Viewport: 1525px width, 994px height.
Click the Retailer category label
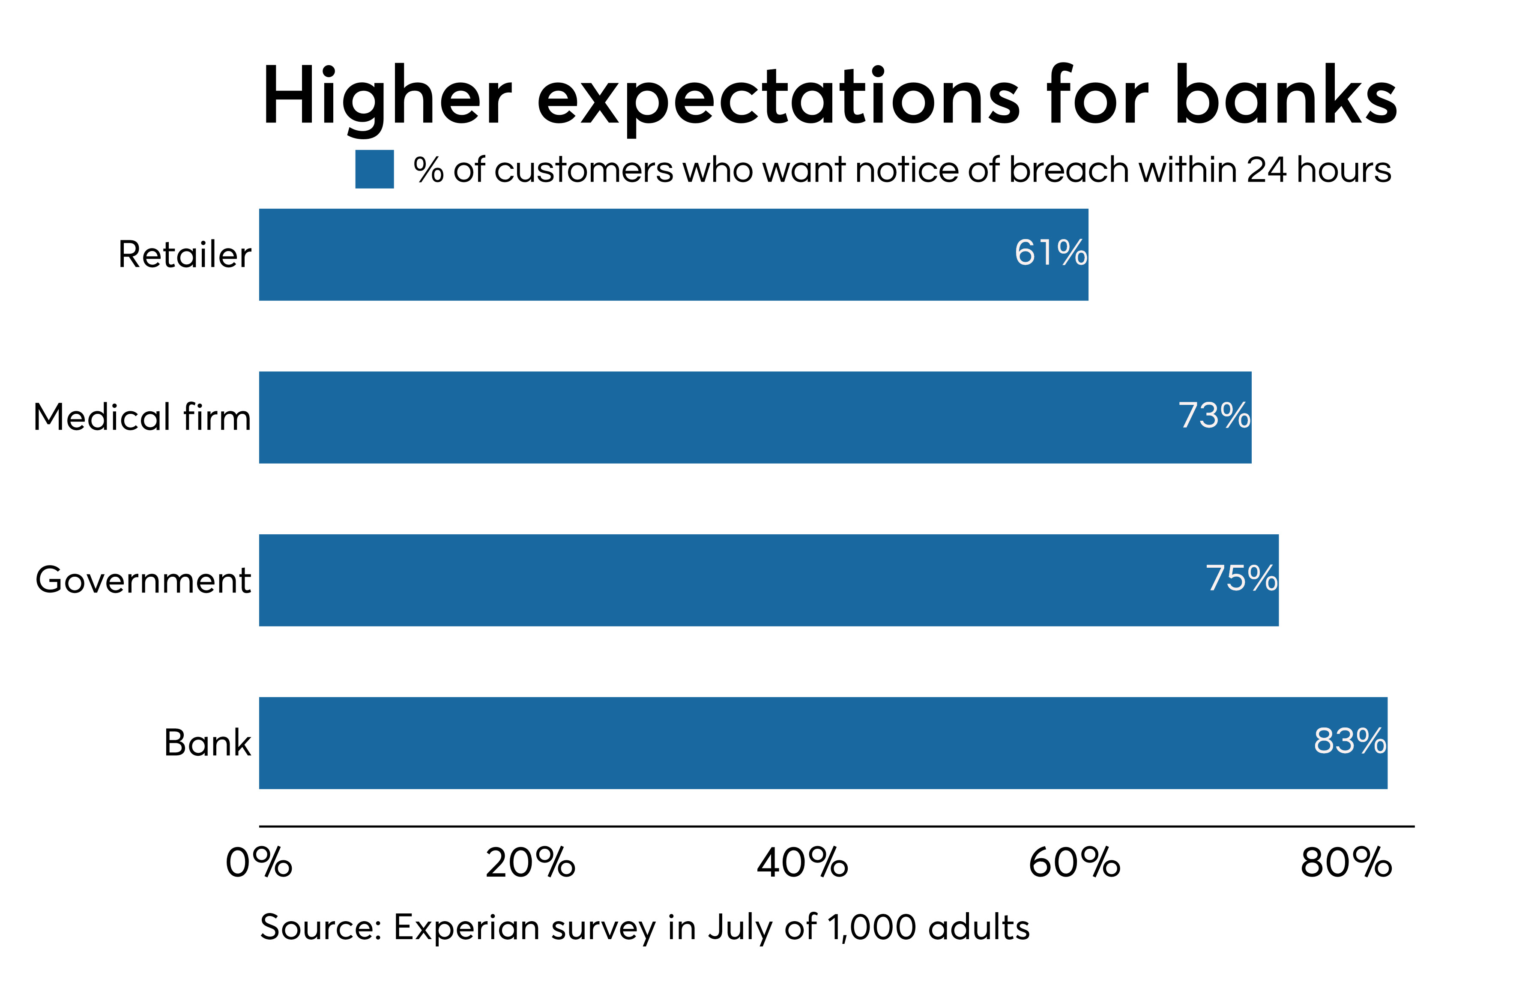[185, 254]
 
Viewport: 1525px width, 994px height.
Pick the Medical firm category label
[142, 417]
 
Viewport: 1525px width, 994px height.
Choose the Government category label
[144, 580]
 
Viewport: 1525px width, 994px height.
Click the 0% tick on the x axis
[259, 862]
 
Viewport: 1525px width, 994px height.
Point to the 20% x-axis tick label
[531, 862]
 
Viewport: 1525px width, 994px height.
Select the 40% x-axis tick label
[802, 862]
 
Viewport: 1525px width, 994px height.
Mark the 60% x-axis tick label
[1074, 862]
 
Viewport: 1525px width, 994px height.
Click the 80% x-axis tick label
[1346, 862]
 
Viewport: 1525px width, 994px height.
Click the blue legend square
[374, 169]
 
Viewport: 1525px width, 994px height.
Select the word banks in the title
[1286, 94]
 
